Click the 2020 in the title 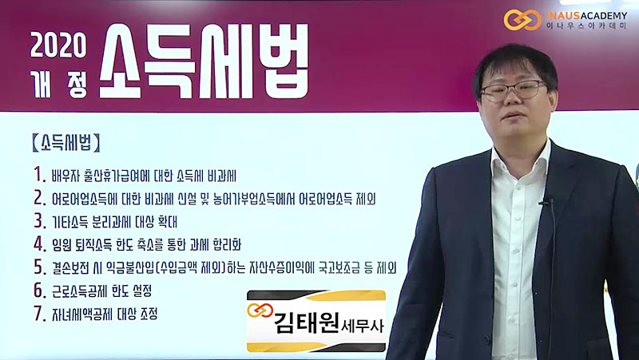58,45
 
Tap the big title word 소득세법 204,61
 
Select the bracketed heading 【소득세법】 65,143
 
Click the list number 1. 39,175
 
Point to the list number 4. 40,244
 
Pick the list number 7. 39,314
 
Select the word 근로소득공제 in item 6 80,291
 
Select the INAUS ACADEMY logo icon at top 522,19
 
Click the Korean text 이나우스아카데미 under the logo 586,26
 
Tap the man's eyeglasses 514,90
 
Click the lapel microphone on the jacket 545,201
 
